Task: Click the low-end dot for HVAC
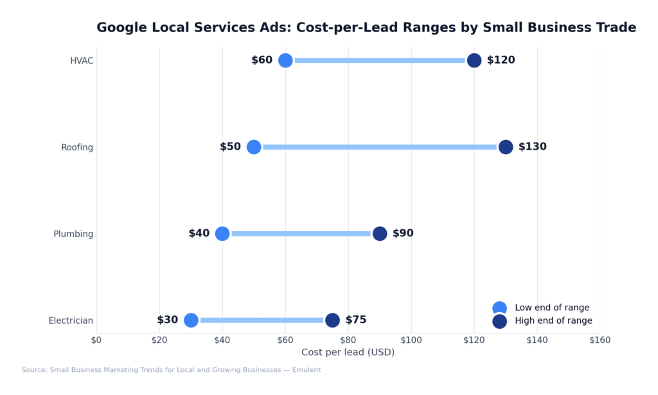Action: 285,60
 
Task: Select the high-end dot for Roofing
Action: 506,147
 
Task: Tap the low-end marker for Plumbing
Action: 222,234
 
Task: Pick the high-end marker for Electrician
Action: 332,320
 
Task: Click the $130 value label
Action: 532,147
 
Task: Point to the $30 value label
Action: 167,320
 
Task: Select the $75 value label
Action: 355,320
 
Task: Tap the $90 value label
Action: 403,234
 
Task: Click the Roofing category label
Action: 77,148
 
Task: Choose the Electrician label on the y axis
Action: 71,321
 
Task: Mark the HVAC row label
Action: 82,61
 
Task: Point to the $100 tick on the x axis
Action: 411,340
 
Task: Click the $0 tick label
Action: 96,340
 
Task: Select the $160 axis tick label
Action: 600,340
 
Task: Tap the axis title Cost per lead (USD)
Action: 348,353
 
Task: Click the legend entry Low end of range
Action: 551,308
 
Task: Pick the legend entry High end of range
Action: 553,321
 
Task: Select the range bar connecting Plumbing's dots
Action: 301,234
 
